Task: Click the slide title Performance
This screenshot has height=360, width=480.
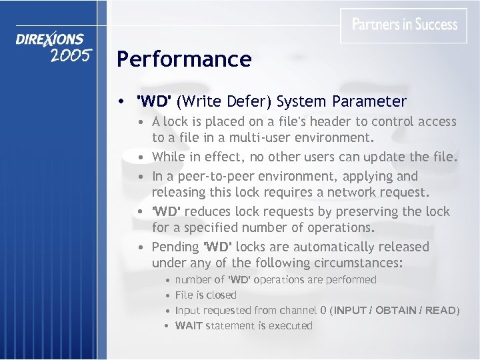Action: [x=184, y=59]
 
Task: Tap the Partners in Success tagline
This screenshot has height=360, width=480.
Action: [x=405, y=25]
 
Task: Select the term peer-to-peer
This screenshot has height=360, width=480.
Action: [x=202, y=177]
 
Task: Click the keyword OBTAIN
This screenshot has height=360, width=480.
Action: [x=390, y=310]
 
